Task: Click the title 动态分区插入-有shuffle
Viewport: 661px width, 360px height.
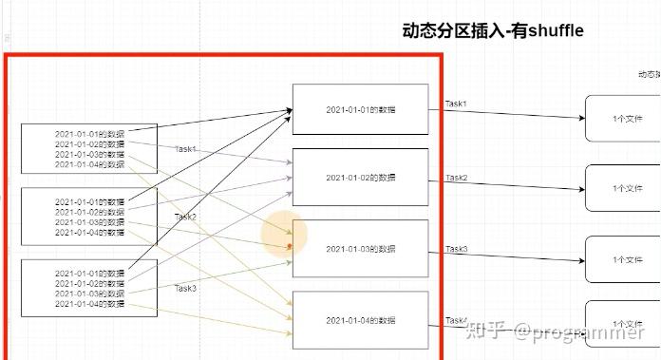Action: (x=493, y=31)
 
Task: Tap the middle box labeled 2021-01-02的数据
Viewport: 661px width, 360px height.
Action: (x=361, y=177)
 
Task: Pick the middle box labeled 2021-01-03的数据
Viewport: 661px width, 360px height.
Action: (x=361, y=249)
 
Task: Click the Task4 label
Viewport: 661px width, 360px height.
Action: (x=457, y=320)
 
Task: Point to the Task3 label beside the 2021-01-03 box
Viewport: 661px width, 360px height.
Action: (x=457, y=249)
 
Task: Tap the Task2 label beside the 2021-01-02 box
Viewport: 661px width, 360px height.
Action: (x=457, y=178)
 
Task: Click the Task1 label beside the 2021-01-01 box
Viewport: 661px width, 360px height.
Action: (x=457, y=103)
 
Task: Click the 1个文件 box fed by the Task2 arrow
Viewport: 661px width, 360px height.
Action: (x=622, y=189)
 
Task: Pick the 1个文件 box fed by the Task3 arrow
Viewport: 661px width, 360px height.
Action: (x=622, y=259)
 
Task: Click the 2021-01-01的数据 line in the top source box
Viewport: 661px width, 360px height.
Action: (x=89, y=134)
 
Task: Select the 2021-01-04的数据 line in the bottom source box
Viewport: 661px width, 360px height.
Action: (x=89, y=304)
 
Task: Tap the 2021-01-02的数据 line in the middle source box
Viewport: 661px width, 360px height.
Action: (x=89, y=212)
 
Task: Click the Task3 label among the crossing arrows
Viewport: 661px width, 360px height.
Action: (x=185, y=288)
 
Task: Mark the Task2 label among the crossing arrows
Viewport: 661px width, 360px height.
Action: (x=185, y=217)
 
